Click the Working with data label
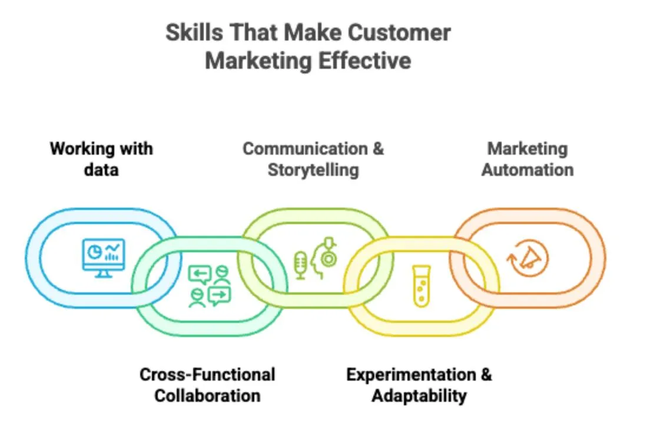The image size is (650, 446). tap(101, 159)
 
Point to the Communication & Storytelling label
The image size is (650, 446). tap(313, 159)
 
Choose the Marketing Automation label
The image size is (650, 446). tap(528, 159)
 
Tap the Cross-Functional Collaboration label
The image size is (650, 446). tap(207, 385)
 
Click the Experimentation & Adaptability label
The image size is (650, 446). tap(419, 385)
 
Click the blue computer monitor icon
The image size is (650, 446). tap(104, 258)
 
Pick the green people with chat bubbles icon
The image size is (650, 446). tap(210, 286)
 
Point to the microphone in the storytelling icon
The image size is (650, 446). tap(300, 265)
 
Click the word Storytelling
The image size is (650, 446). tap(313, 170)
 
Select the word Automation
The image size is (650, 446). tap(528, 170)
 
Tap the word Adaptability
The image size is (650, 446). tap(419, 395)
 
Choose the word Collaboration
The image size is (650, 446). tap(207, 395)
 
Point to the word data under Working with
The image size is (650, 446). tap(101, 170)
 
